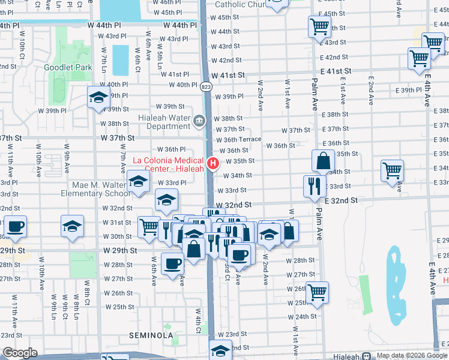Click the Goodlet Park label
click(x=68, y=67)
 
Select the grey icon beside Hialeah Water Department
click(x=199, y=123)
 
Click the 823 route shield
click(x=206, y=87)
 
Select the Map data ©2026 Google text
click(x=411, y=355)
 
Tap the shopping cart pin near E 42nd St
click(x=419, y=59)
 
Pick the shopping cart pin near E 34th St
click(x=392, y=170)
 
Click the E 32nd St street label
click(x=342, y=200)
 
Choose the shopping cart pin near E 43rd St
click(x=432, y=43)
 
